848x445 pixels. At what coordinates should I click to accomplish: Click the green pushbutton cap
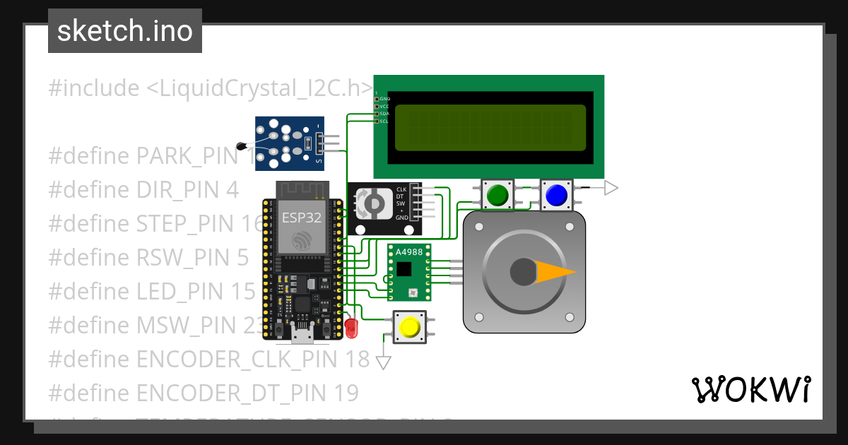click(499, 194)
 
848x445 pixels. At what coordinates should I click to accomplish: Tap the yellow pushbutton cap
click(409, 327)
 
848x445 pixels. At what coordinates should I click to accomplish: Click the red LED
click(351, 326)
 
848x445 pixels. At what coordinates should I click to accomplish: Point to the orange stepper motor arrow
click(555, 272)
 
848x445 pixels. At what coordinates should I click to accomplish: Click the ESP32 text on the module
click(302, 217)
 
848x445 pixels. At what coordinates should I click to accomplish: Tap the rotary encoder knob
click(371, 204)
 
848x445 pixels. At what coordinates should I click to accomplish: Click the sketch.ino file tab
click(125, 31)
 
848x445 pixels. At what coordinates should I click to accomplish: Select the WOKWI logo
click(750, 389)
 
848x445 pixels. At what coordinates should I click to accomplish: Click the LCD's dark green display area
click(490, 128)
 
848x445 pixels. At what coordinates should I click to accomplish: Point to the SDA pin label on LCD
click(384, 114)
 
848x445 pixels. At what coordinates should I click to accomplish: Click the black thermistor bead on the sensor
click(242, 147)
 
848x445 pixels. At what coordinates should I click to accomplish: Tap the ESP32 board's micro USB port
click(302, 334)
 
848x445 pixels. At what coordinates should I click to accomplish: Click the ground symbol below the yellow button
click(384, 362)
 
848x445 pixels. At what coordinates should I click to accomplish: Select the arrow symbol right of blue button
click(611, 188)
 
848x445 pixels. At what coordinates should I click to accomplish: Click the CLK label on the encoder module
click(401, 189)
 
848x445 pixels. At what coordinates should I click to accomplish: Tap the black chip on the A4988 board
click(404, 269)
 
